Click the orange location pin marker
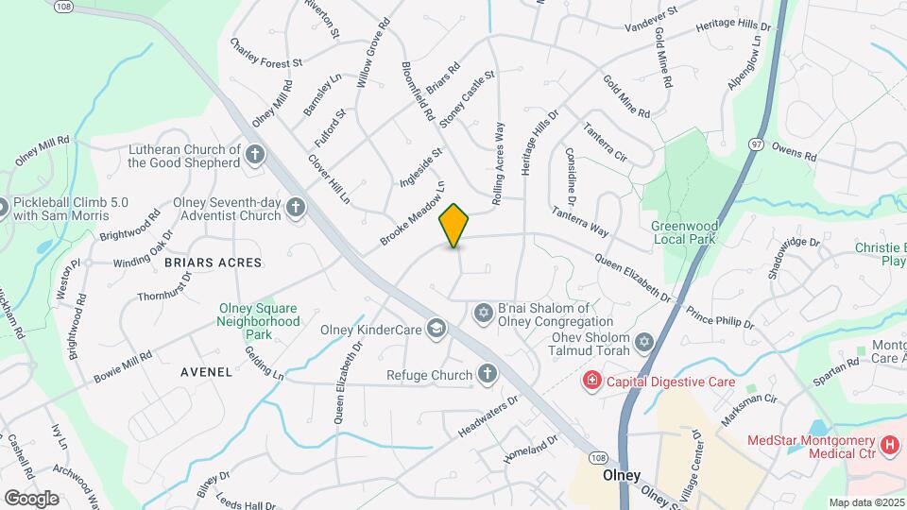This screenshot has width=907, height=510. [454, 226]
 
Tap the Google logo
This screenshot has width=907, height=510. [31, 498]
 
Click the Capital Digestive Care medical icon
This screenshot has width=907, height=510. [591, 382]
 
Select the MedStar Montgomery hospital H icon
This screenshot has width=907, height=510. [888, 443]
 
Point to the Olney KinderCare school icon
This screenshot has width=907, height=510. [436, 329]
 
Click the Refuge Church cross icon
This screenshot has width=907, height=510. [487, 375]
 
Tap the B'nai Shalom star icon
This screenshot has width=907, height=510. [483, 312]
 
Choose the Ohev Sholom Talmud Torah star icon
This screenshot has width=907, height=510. [645, 342]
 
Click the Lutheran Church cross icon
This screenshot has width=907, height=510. [254, 154]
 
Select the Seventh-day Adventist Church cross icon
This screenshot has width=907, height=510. [296, 208]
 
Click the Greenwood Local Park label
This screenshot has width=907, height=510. [685, 232]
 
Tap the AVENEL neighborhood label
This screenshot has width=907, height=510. [206, 372]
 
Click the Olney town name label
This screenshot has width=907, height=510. [623, 476]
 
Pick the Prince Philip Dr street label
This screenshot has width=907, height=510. [720, 316]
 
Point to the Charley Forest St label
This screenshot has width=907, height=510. [265, 53]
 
